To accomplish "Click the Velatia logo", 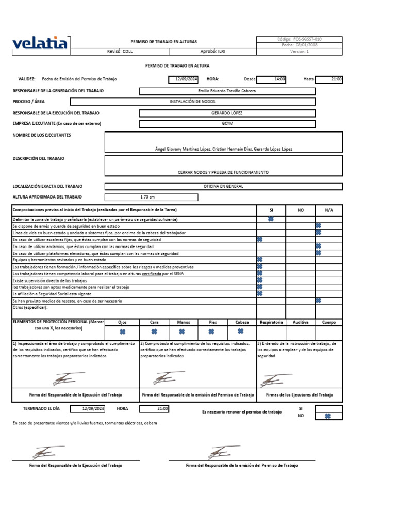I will point(39,43).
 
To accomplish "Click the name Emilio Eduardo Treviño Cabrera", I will point(227,91).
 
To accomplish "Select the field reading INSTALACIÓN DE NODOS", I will point(192,102).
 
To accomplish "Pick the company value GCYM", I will point(227,123).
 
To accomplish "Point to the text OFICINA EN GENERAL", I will point(223,186).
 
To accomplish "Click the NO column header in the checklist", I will point(301,210).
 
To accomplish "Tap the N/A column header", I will point(329,210).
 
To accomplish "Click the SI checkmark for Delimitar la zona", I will point(271,219).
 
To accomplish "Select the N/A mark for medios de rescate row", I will point(318,300).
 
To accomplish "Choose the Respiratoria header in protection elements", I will point(271,322).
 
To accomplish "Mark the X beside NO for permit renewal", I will point(327,416).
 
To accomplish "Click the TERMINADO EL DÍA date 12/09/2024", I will point(93,408).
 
